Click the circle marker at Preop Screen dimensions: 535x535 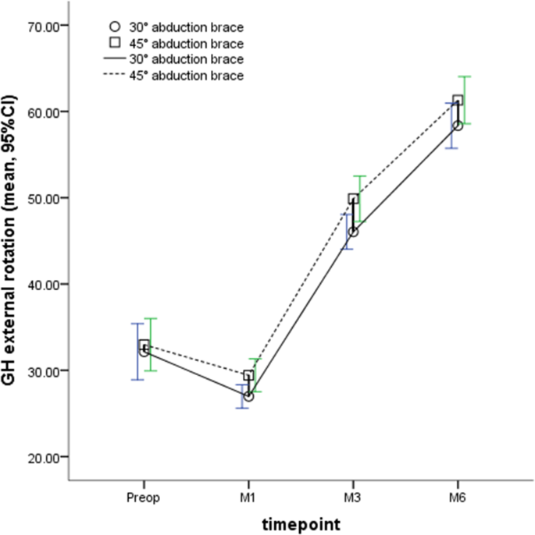(144, 351)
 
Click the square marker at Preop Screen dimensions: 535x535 (144, 345)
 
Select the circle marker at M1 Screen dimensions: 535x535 (248, 396)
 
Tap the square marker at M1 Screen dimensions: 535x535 (249, 375)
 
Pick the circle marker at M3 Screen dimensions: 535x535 (353, 232)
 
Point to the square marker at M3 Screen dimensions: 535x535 (353, 199)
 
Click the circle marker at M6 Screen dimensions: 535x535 (458, 126)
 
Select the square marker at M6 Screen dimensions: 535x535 (458, 101)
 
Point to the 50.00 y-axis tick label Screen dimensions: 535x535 (44, 198)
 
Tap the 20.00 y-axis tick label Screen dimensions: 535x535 (44, 457)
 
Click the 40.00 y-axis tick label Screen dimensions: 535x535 (44, 285)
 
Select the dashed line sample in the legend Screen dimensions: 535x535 (114, 76)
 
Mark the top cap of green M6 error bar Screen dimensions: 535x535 (465, 76)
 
